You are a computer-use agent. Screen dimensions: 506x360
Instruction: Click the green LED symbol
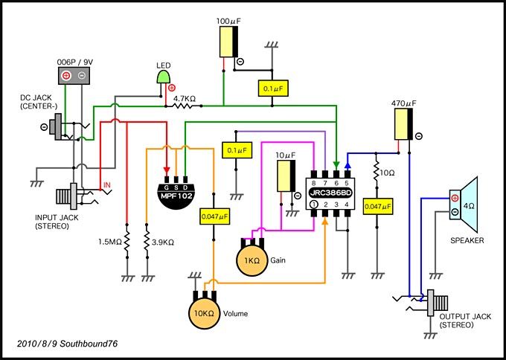pos(163,77)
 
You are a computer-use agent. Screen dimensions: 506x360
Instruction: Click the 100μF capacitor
pos(229,42)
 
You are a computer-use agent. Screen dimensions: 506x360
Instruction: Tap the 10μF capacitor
pos(286,176)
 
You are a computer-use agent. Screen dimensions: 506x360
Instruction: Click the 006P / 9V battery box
pos(74,76)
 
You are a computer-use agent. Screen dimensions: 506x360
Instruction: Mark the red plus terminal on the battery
pos(66,76)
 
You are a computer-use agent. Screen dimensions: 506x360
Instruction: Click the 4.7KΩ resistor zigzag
pos(184,106)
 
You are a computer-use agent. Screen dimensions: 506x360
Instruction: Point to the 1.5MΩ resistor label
pos(110,242)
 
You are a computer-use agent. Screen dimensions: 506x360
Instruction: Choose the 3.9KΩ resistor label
pos(162,242)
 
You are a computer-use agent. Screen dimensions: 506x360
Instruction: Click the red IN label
pos(107,185)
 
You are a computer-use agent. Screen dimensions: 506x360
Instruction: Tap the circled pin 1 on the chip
pos(314,205)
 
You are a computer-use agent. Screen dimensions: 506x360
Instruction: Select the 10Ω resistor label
pos(387,173)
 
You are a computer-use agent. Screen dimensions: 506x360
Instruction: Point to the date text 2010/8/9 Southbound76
pos(68,344)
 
